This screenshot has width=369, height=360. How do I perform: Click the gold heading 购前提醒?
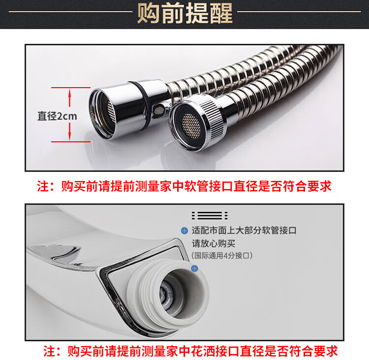[x=185, y=13]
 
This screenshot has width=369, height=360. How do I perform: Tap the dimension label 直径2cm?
[x=57, y=116]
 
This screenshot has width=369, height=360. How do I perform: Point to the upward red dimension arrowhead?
[x=70, y=92]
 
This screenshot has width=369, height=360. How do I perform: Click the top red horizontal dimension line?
[x=71, y=88]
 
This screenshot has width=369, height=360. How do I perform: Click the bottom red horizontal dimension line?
[x=71, y=142]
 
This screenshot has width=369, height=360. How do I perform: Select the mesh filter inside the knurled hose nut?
[x=191, y=126]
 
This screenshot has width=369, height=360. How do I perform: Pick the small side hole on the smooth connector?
[x=159, y=110]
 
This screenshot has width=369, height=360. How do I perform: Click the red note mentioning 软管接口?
[x=184, y=186]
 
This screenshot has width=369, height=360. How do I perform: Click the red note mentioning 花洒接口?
[x=190, y=351]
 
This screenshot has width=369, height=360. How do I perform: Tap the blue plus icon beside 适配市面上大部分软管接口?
[x=184, y=230]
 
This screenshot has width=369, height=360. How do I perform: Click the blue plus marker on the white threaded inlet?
[x=195, y=268]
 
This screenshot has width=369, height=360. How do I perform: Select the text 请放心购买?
[x=214, y=243]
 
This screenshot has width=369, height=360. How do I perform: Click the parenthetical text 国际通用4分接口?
[x=222, y=256]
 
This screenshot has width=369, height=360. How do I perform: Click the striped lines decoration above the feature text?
[x=210, y=216]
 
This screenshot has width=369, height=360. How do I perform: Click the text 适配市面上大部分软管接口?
[x=244, y=230]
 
